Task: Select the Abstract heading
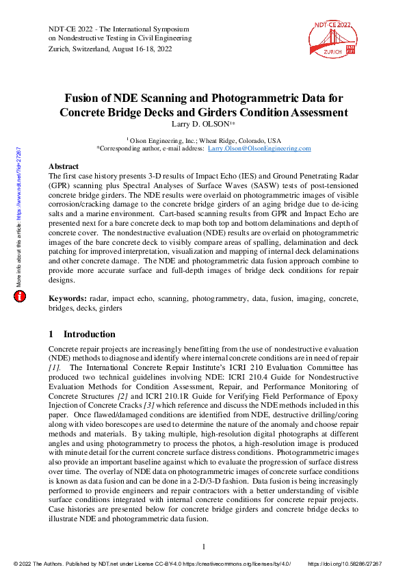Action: click(64, 166)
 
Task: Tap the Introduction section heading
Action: click(89, 335)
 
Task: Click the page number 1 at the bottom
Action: click(204, 547)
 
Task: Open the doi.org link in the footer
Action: click(345, 564)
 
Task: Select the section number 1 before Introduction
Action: click(51, 335)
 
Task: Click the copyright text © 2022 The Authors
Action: click(41, 564)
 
